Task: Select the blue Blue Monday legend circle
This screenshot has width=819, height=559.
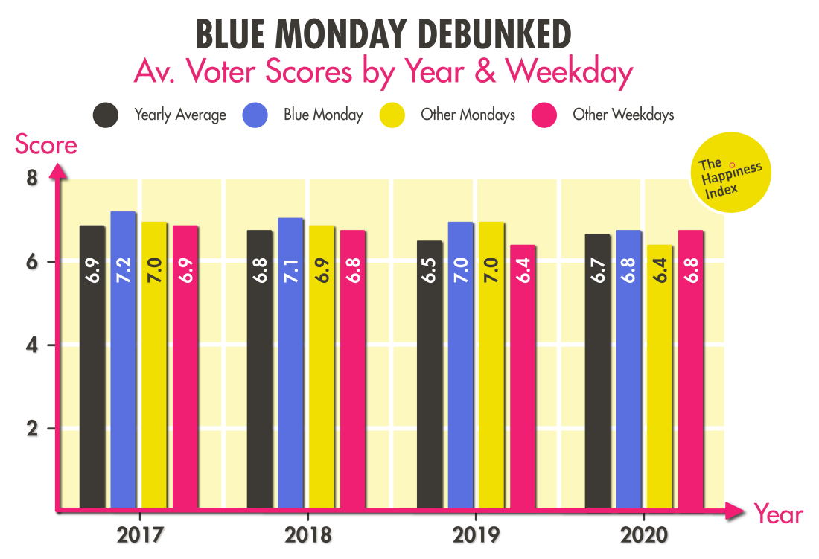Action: pyautogui.click(x=255, y=115)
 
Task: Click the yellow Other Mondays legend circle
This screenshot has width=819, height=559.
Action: pyautogui.click(x=392, y=115)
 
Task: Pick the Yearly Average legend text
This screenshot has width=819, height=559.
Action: pyautogui.click(x=179, y=115)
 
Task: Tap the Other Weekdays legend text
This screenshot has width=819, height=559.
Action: pyautogui.click(x=623, y=115)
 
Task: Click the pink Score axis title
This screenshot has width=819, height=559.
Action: pyautogui.click(x=46, y=145)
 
